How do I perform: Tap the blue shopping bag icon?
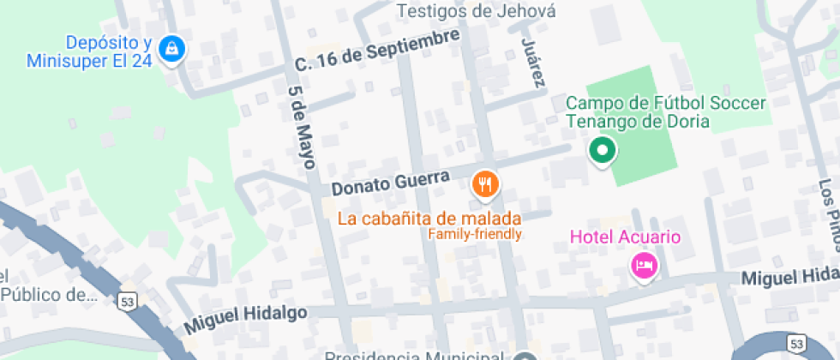point(172,48)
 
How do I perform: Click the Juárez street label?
point(531,62)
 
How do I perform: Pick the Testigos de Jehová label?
point(477,11)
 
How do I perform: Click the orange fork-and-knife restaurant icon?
point(485,183)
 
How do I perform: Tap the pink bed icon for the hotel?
point(644,265)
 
